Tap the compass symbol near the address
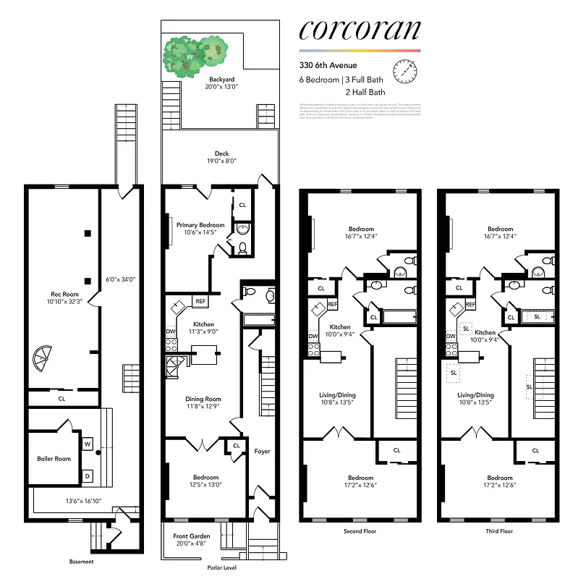[x=406, y=72]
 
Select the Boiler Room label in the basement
[x=54, y=458]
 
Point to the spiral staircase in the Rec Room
[x=44, y=358]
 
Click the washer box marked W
[x=88, y=444]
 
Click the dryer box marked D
[x=88, y=476]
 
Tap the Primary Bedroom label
[x=201, y=225]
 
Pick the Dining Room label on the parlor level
[x=203, y=399]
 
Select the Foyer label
[x=262, y=451]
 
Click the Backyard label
[x=222, y=78]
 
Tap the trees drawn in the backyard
[x=194, y=55]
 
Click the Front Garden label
[x=191, y=536]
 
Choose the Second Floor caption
[x=360, y=531]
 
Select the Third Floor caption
[x=499, y=531]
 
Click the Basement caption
[x=82, y=562]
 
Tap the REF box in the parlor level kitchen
[x=200, y=302]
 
